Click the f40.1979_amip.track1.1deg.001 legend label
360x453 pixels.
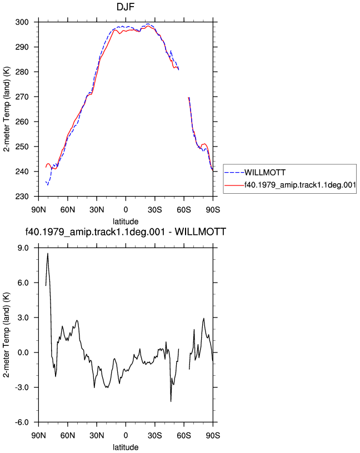coord(300,185)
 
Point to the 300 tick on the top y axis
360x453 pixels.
coord(22,22)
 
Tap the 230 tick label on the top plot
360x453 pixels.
coord(22,197)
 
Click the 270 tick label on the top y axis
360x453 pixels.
coord(22,97)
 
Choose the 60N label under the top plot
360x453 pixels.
coord(68,210)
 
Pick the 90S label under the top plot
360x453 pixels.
coord(213,210)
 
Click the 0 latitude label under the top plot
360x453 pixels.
coord(126,210)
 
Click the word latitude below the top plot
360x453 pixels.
coord(126,222)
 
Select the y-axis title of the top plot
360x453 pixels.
coord(7,109)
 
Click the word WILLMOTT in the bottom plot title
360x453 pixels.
coord(201,231)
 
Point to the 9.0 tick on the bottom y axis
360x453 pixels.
coord(23,248)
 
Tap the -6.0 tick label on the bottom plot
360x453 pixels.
coord(22,422)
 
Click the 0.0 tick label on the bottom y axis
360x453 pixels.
coord(23,353)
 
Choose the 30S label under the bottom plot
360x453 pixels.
coord(154,436)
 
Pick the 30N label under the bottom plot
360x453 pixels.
coord(97,436)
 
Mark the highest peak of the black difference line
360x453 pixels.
coord(48,253)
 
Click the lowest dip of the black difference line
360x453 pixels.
coord(171,401)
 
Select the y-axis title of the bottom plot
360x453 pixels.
coord(7,335)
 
